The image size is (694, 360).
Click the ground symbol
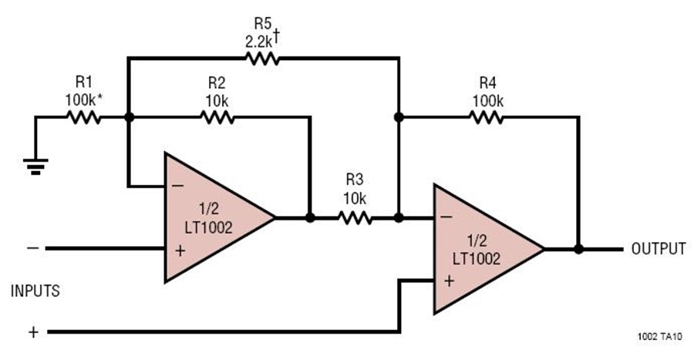click(x=35, y=167)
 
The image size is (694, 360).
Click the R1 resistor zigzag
click(x=83, y=117)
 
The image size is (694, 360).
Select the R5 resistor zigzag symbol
click(x=262, y=59)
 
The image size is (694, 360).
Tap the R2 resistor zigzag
click(x=217, y=117)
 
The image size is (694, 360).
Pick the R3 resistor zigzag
click(x=355, y=217)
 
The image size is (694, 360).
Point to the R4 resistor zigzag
click(x=486, y=117)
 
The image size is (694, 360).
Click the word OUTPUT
click(x=659, y=249)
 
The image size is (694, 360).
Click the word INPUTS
click(x=35, y=291)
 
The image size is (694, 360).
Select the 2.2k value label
click(x=259, y=42)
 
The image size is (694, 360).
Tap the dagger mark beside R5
click(x=276, y=35)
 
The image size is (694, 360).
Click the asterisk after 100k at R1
click(x=100, y=97)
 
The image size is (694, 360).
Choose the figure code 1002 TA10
click(x=659, y=337)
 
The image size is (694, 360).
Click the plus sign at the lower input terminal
click(x=34, y=332)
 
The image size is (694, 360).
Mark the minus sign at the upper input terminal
click(x=32, y=248)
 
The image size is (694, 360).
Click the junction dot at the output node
click(x=578, y=250)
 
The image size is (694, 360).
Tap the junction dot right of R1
click(x=129, y=117)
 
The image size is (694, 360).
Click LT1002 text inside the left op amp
click(x=208, y=227)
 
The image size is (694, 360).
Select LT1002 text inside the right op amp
click(x=477, y=259)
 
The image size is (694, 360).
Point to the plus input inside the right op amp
click(x=450, y=281)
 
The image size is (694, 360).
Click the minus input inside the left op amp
click(x=177, y=186)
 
